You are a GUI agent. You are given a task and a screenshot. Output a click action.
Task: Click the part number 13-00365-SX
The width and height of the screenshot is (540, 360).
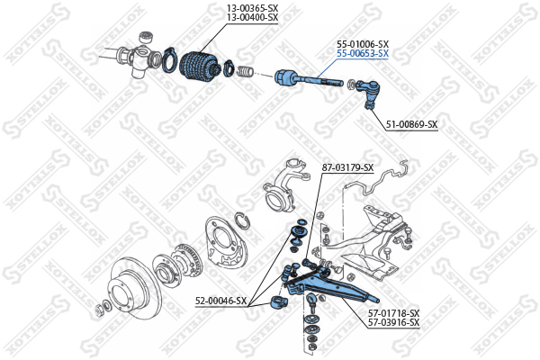point(252,8)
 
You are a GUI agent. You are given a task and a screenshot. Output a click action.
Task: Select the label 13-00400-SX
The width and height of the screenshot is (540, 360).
point(252,17)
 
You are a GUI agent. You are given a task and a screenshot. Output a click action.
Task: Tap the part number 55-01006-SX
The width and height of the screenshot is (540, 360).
point(363,44)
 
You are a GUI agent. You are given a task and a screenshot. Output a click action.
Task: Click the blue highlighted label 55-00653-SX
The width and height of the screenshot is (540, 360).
point(363,53)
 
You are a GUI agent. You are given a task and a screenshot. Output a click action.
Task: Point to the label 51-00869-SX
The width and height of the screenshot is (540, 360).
point(411,124)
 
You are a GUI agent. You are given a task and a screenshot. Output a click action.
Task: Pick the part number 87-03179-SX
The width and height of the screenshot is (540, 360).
point(347,167)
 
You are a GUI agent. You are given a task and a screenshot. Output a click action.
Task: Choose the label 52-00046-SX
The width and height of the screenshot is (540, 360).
point(221,301)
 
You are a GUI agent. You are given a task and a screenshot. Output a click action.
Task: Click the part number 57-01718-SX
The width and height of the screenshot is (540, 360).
point(394,313)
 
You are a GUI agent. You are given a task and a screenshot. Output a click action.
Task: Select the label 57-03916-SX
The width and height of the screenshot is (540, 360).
point(394,322)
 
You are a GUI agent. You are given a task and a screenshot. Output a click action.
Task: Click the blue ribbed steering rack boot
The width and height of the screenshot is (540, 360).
point(198,66)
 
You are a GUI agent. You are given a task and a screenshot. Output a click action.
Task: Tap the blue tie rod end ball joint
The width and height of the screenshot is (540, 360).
point(368,92)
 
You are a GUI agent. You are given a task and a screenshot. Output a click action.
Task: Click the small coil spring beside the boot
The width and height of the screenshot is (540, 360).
point(245,71)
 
